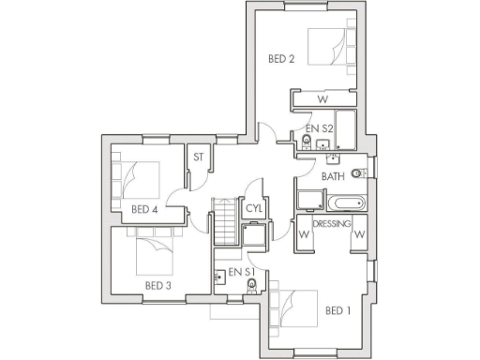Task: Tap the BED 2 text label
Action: pyautogui.click(x=282, y=59)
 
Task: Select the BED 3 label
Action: pyautogui.click(x=158, y=285)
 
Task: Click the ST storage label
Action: pyautogui.click(x=198, y=157)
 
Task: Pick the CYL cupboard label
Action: pyautogui.click(x=253, y=209)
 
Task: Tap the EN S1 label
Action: pyautogui.click(x=242, y=273)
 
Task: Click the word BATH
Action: pyautogui.click(x=333, y=175)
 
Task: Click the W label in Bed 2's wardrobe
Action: pyautogui.click(x=322, y=98)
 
